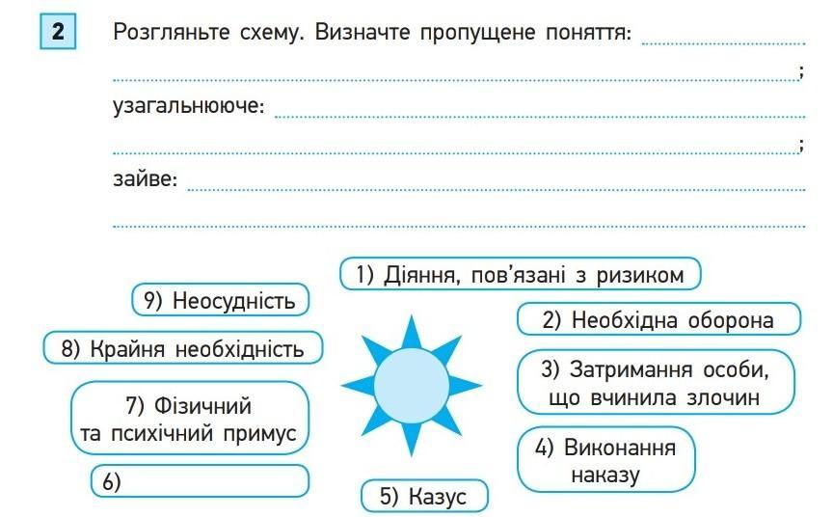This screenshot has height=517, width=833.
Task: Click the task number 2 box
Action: (58, 33)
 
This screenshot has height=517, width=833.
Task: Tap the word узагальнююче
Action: (188, 106)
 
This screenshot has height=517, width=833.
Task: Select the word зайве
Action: (146, 179)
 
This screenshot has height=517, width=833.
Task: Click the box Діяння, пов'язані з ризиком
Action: (520, 275)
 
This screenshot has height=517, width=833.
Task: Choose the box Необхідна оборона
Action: (659, 319)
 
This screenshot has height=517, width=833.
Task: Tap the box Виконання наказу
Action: (606, 461)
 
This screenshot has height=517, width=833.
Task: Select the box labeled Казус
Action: (424, 497)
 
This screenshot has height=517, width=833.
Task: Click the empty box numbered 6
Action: (200, 481)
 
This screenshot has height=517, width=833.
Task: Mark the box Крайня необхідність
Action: (182, 348)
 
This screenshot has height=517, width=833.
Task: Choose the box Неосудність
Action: (220, 300)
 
